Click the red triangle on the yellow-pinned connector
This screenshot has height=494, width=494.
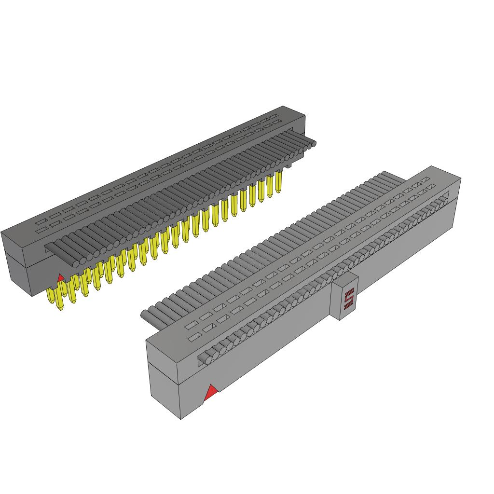pos(60,278)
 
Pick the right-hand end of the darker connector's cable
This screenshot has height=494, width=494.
pos(313,143)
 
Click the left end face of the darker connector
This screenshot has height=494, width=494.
pos(17,263)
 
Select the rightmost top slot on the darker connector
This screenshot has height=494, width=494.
pos(274,116)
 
